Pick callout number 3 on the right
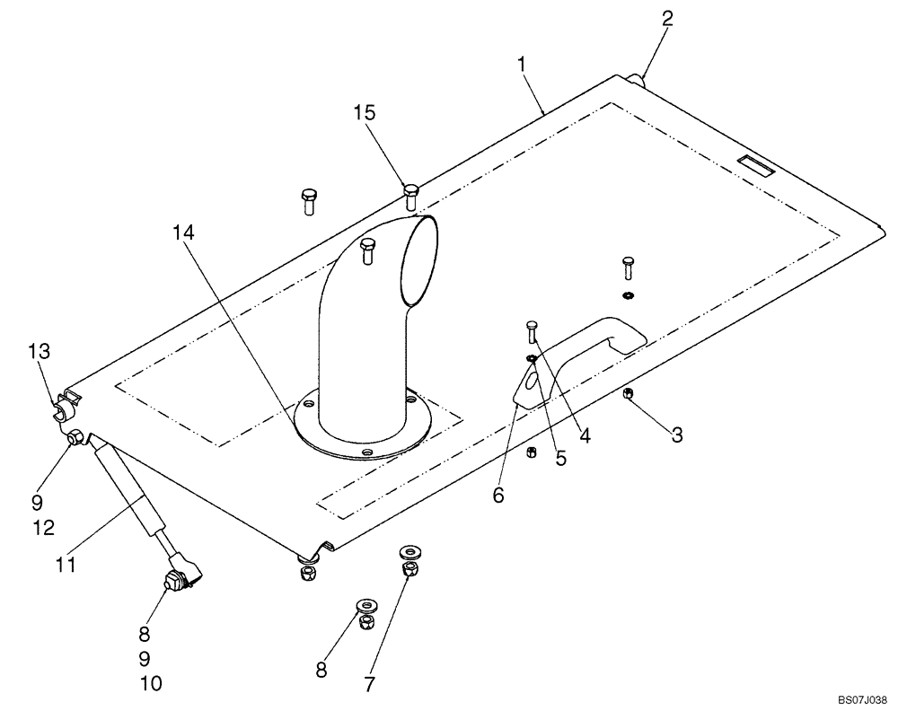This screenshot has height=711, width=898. (677, 435)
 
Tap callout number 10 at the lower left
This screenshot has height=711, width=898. (151, 684)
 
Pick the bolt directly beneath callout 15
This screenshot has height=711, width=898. (410, 197)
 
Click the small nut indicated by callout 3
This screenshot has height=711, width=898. (627, 395)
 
